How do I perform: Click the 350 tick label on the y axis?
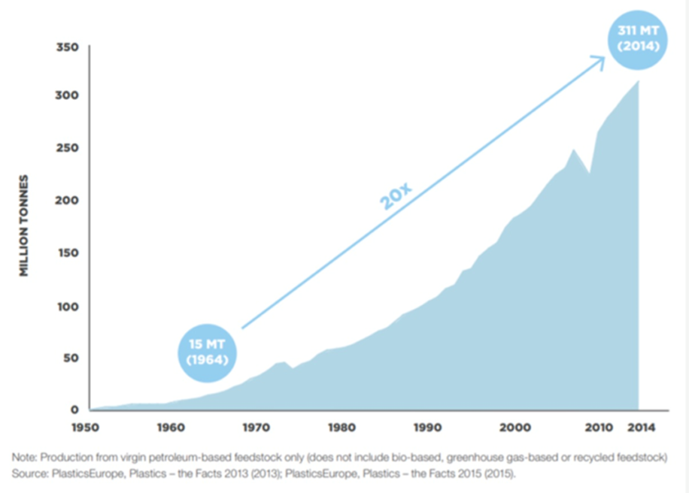point(68,47)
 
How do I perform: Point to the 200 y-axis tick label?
point(68,201)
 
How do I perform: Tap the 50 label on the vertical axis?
point(71,358)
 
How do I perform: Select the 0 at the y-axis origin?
point(74,410)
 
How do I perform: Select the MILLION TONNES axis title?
point(24,225)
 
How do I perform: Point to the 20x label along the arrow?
point(396,195)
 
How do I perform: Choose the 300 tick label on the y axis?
point(68,95)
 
